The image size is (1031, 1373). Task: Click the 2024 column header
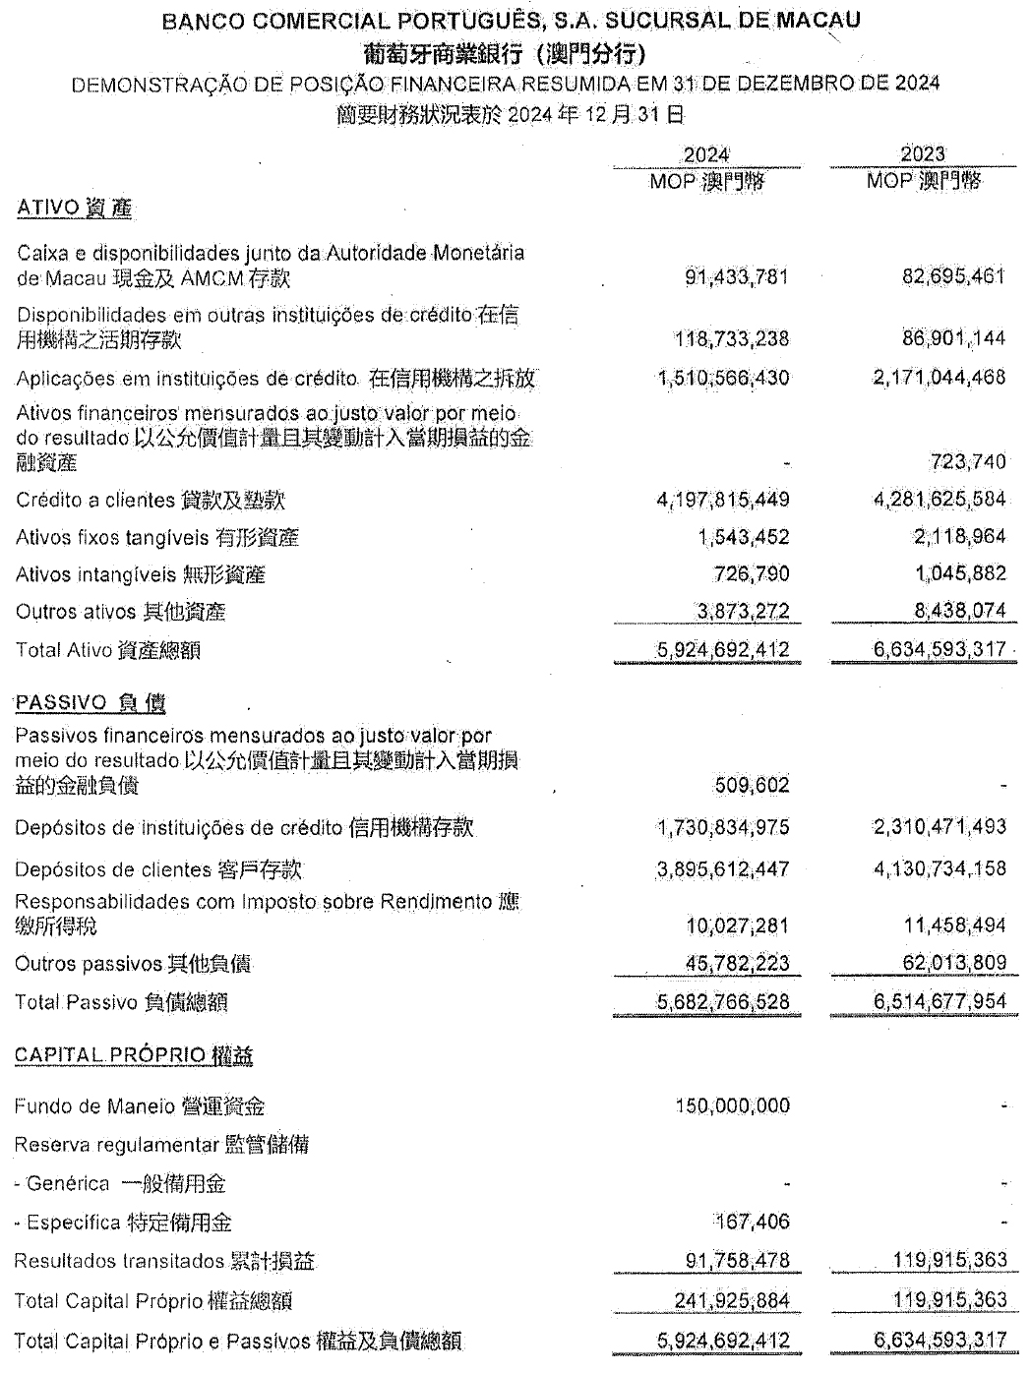coord(706,154)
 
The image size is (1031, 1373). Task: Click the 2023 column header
coord(922,153)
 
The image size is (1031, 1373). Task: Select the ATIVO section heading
coord(75,208)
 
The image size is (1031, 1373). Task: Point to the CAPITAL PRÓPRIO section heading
coord(134,1055)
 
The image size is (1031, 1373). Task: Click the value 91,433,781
coord(737,277)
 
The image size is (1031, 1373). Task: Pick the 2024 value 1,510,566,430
coord(723,379)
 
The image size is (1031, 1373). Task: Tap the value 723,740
coord(967,461)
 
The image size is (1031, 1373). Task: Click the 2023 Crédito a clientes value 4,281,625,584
coord(940,500)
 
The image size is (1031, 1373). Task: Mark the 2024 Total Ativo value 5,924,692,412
coord(723,650)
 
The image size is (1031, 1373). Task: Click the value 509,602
coord(752,785)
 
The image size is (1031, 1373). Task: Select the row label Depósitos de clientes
coord(158,869)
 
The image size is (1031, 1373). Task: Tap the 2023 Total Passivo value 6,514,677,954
coord(940,1002)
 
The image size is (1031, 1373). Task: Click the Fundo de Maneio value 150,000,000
coord(732,1106)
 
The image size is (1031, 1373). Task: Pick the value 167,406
coord(753,1223)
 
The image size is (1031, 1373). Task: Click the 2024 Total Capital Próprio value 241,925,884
coord(732,1301)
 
